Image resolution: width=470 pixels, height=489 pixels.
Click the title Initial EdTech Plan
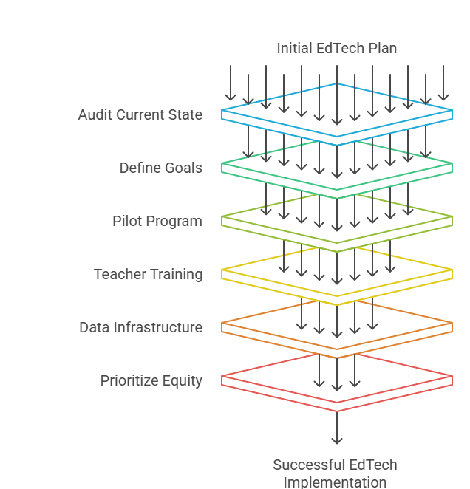click(x=336, y=49)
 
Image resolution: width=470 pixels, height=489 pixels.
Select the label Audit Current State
click(x=140, y=115)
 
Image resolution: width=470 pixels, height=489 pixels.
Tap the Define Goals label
click(x=160, y=168)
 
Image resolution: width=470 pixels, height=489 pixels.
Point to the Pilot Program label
click(x=157, y=222)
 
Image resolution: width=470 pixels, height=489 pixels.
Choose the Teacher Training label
click(x=148, y=275)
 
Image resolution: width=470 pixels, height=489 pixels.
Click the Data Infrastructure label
click(x=140, y=327)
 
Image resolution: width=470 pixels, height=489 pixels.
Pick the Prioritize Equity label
click(x=151, y=381)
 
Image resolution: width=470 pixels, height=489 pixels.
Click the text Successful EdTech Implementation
click(x=335, y=473)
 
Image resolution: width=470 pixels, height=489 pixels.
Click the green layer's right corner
click(x=452, y=167)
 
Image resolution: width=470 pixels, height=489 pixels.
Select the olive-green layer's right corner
click(x=452, y=219)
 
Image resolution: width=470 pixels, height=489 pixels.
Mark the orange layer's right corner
click(x=452, y=326)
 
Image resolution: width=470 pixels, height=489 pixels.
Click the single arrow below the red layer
click(x=337, y=428)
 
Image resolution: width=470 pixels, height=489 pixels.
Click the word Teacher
click(x=117, y=275)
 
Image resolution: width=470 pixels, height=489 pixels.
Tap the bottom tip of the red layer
click(x=337, y=411)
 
